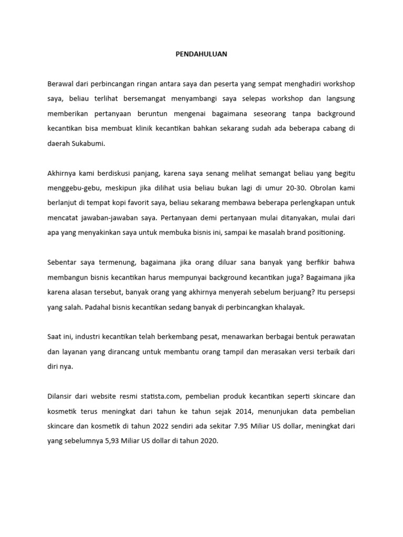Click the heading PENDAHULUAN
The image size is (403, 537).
click(x=201, y=53)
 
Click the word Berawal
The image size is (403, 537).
click(x=61, y=84)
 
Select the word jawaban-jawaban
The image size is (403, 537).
click(x=100, y=218)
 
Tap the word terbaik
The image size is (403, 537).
click(x=323, y=352)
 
